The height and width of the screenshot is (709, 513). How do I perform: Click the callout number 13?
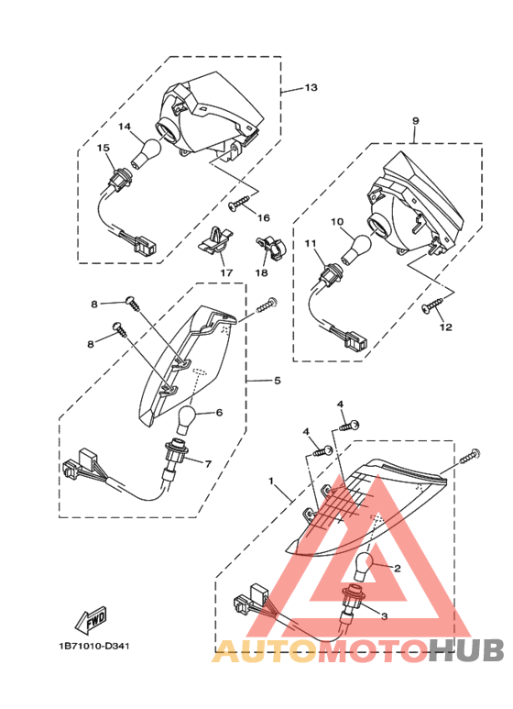click(311, 88)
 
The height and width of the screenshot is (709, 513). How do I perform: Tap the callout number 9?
click(415, 120)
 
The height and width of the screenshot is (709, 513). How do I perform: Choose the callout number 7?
click(208, 463)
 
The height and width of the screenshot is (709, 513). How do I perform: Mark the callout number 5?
click(276, 381)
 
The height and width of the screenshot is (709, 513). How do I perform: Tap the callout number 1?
click(271, 480)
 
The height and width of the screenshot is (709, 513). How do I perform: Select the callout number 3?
click(384, 616)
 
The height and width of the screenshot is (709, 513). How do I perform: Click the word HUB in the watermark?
click(467, 652)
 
